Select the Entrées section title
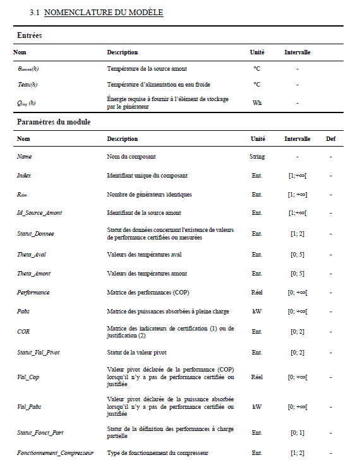(29, 35)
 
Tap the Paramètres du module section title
(54, 121)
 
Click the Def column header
(330, 138)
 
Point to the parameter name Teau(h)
(28, 84)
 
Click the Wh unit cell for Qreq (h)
(257, 102)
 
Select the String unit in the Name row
(257, 156)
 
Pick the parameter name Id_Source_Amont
(39, 213)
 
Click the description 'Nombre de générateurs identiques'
(149, 194)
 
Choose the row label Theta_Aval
(32, 254)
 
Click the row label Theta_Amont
(33, 273)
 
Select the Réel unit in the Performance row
(257, 293)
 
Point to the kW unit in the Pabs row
(257, 312)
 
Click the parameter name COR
(23, 331)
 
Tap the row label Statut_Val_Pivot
(39, 351)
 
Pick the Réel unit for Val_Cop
(257, 377)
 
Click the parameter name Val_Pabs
(29, 406)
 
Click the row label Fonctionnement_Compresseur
(55, 452)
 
